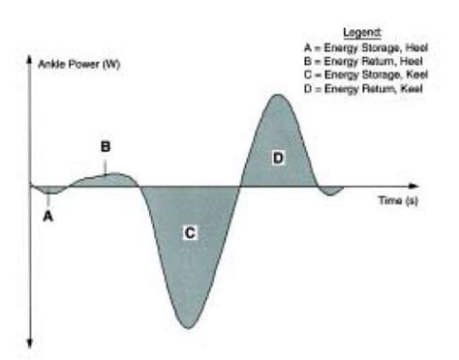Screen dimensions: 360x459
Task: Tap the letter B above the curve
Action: click(x=106, y=147)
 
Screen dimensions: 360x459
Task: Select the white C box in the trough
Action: click(x=190, y=232)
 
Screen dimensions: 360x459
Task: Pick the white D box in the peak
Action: click(x=278, y=157)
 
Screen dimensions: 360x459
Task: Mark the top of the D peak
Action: click(x=278, y=95)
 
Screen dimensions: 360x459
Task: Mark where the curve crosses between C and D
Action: click(x=239, y=185)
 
